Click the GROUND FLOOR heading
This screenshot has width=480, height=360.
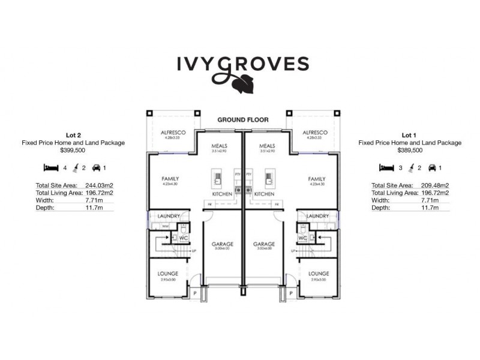243,120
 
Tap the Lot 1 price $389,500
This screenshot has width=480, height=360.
410,152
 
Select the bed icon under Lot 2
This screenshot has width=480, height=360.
50,169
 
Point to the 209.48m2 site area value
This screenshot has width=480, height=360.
436,185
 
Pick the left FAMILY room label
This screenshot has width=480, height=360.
170,179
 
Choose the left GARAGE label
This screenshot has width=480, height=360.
222,244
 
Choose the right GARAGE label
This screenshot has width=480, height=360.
263,244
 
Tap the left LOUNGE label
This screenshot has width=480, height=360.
167,273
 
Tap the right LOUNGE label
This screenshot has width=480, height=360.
319,273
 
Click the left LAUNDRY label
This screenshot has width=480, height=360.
169,216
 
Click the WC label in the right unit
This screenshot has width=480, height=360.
303,238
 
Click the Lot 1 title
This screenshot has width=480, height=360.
410,134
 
